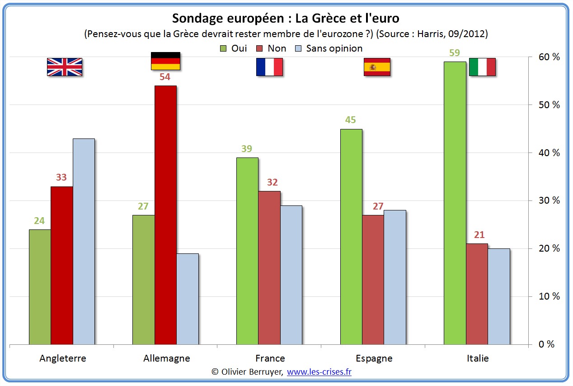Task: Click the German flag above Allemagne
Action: click(x=165, y=61)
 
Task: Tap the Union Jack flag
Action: click(x=65, y=67)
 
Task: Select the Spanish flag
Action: click(x=377, y=67)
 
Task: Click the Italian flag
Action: click(x=482, y=67)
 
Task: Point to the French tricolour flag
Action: click(x=269, y=67)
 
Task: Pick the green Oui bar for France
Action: click(x=247, y=251)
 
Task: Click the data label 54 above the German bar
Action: click(x=165, y=77)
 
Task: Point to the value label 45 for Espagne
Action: click(x=351, y=120)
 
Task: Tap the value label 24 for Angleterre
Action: click(x=39, y=221)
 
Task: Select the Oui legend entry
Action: click(x=234, y=48)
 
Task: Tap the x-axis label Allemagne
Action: click(x=167, y=358)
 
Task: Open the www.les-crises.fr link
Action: click(x=319, y=372)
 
